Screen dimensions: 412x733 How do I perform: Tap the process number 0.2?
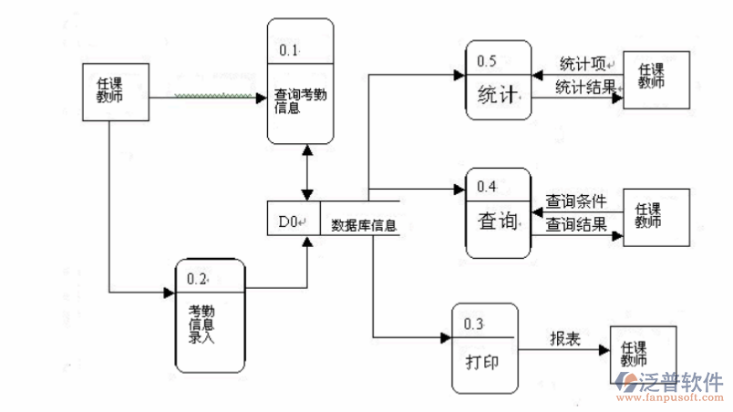pyautogui.click(x=197, y=278)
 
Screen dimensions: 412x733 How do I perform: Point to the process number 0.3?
pyautogui.click(x=473, y=324)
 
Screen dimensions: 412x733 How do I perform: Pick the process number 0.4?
pyautogui.click(x=487, y=187)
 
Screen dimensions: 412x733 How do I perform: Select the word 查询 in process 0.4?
pyautogui.click(x=498, y=221)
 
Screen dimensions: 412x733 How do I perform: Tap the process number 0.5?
pyautogui.click(x=487, y=61)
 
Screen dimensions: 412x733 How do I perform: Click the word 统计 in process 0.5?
pyautogui.click(x=498, y=94)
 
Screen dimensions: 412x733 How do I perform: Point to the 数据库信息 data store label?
pyautogui.click(x=364, y=224)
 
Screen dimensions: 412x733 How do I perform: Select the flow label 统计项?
pyautogui.click(x=582, y=64)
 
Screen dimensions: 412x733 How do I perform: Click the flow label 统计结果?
pyautogui.click(x=584, y=88)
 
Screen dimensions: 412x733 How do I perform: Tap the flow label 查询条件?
pyautogui.click(x=575, y=200)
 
